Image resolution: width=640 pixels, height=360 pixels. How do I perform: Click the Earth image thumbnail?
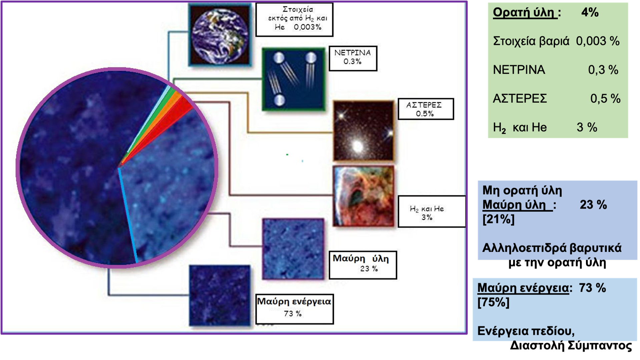[x=220, y=35]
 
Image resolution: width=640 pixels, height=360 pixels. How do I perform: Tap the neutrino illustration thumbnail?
[x=294, y=79]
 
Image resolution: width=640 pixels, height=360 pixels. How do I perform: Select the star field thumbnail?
[x=364, y=131]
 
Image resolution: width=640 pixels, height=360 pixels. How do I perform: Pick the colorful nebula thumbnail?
[x=364, y=196]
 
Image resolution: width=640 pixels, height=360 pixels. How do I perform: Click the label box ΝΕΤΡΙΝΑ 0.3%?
[x=353, y=58]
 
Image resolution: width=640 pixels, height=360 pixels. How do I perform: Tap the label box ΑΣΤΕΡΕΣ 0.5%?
[x=426, y=109]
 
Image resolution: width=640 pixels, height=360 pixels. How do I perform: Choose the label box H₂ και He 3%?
[x=432, y=212]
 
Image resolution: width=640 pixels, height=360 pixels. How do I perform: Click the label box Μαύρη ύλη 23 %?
[x=363, y=265]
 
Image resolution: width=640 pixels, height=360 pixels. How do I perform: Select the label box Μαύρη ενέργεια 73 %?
[x=294, y=309]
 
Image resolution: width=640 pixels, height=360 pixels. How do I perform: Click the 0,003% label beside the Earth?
[x=307, y=27]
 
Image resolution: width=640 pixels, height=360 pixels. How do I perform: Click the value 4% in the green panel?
[x=590, y=13]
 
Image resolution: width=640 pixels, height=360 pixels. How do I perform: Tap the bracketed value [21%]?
[x=498, y=219]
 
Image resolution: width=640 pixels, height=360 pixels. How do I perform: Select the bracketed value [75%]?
[x=493, y=303]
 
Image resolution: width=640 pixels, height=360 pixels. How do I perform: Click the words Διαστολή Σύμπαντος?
[x=571, y=345]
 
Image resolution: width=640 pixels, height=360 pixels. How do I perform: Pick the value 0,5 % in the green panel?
[x=605, y=99]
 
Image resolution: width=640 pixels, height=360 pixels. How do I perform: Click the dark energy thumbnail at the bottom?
[x=220, y=295]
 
